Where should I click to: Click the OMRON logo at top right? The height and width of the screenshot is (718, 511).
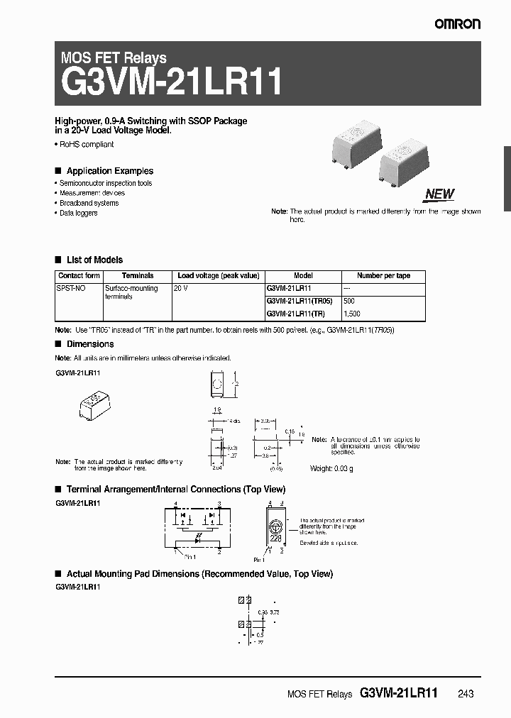458,24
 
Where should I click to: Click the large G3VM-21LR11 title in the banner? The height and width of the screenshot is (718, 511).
173,82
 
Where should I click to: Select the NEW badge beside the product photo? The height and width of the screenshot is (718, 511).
439,194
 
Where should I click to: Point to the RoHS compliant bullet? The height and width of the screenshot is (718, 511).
85,145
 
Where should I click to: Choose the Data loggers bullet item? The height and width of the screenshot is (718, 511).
78,213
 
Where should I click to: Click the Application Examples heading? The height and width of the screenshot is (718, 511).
109,171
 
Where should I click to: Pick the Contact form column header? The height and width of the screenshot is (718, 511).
79,275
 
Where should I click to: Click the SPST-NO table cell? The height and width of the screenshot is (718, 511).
70,289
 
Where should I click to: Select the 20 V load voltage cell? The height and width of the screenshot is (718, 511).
182,289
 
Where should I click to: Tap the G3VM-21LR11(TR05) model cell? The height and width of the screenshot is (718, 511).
299,301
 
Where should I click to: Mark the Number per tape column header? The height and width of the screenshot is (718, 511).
383,275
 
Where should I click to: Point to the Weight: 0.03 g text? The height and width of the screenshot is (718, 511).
331,469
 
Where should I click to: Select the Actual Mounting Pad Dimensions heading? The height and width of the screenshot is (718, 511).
199,573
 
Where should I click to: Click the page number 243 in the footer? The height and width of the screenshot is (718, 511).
465,694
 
